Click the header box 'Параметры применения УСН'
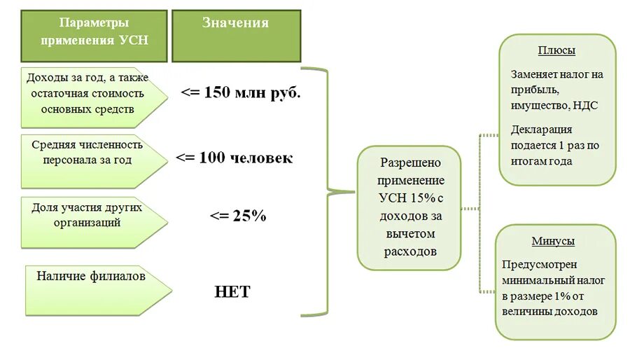(x=94, y=36)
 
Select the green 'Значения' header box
(x=236, y=36)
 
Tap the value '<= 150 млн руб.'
(x=241, y=92)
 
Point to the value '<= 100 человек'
(x=234, y=158)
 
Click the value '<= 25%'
(x=238, y=216)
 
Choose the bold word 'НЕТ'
(x=232, y=291)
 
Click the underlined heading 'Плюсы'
(x=557, y=50)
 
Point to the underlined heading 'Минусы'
(x=553, y=241)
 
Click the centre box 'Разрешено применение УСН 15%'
(x=409, y=207)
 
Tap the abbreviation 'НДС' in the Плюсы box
(x=586, y=105)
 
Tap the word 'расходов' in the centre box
(x=409, y=251)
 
